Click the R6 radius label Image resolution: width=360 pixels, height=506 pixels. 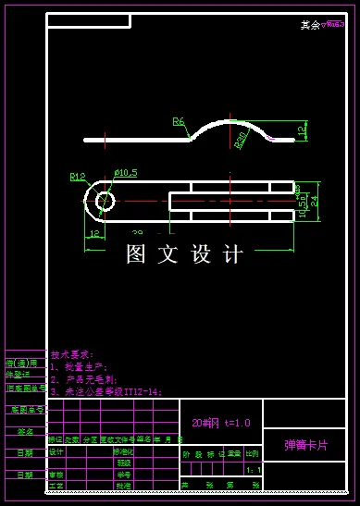click(179, 121)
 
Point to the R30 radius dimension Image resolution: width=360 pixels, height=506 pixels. click(242, 140)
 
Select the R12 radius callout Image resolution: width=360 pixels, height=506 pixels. click(78, 176)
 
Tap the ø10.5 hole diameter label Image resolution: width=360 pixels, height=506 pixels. click(125, 173)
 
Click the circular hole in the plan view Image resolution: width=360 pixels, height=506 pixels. click(104, 200)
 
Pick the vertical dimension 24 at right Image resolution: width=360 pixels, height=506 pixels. click(314, 200)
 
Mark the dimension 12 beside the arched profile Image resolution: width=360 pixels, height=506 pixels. click(303, 130)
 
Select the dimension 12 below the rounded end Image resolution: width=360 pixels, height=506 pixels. click(94, 233)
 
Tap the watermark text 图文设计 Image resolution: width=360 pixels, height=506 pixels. click(184, 253)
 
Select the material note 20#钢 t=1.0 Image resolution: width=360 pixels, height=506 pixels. click(215, 423)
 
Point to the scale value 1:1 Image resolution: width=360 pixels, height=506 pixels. click(253, 470)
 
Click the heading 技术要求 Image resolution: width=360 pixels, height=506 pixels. click(72, 354)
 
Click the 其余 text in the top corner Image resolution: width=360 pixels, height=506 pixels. click(309, 26)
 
